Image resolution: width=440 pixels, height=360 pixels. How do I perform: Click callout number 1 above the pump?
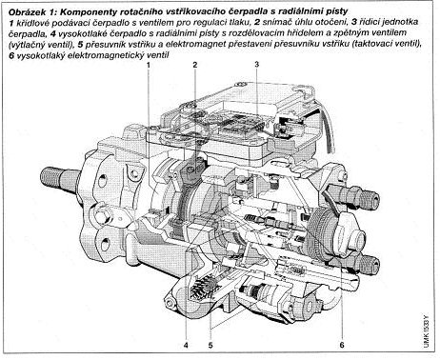149,65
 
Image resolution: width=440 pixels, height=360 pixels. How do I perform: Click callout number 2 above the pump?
195,65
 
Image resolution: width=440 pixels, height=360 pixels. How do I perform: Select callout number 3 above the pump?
256,64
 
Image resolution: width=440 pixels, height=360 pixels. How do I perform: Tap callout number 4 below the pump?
186,345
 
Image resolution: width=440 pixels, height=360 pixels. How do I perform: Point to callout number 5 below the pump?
210,345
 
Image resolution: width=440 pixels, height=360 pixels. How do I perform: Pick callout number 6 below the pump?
342,345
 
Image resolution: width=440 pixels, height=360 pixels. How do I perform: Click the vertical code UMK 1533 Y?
427,330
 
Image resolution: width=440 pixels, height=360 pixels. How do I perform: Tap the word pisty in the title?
338,12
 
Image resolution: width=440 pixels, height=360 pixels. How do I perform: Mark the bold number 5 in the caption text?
80,44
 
